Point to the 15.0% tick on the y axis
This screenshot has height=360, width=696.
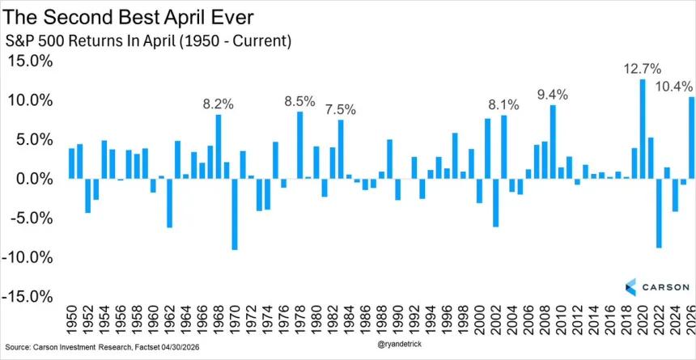click(x=30, y=61)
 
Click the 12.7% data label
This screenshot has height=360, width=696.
click(x=641, y=68)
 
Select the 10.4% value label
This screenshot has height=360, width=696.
click(x=673, y=86)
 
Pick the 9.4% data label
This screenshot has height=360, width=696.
click(x=553, y=95)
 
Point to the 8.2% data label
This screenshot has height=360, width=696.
click(x=218, y=104)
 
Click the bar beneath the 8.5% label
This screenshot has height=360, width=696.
click(x=299, y=145)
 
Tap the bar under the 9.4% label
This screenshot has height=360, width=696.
click(x=553, y=142)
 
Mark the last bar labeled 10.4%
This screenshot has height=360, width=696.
click(x=692, y=138)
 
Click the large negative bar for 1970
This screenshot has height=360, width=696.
click(x=235, y=214)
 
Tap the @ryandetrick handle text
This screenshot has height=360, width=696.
click(x=402, y=343)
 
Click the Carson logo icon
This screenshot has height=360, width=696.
click(x=631, y=286)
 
